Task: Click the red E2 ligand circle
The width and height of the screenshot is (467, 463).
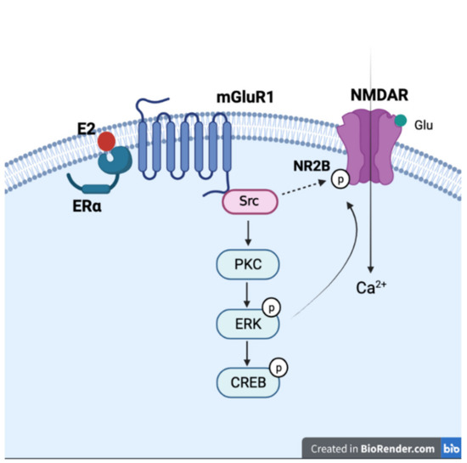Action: [x=105, y=140]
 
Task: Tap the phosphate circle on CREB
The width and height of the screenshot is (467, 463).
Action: [x=277, y=366]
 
